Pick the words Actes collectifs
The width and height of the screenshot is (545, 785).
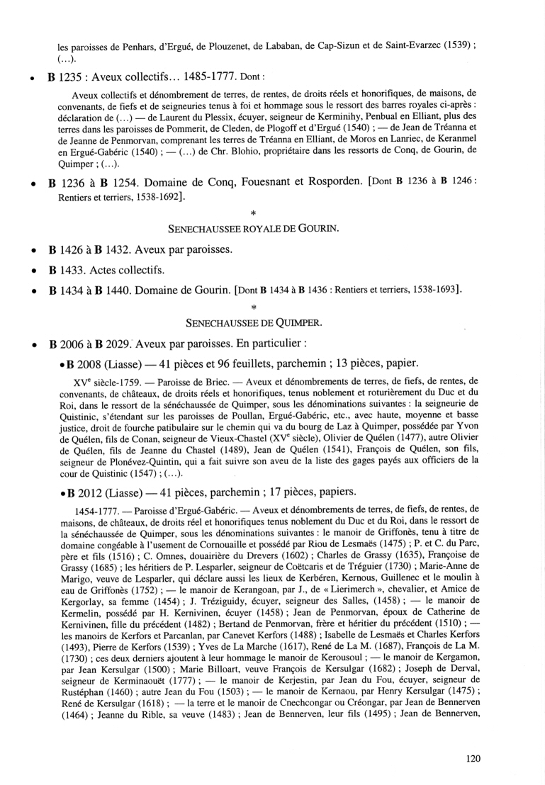coord(135,269)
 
